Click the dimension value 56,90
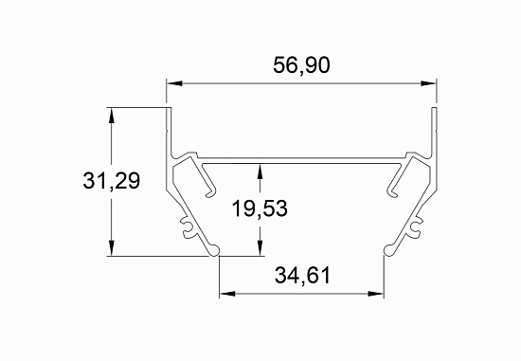pyautogui.click(x=301, y=65)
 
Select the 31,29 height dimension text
pyautogui.click(x=112, y=181)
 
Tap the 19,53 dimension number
pyautogui.click(x=260, y=208)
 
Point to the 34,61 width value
pyautogui.click(x=302, y=276)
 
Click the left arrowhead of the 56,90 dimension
pyautogui.click(x=174, y=83)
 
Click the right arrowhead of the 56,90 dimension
pyautogui.click(x=428, y=83)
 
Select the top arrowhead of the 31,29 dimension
pyautogui.click(x=112, y=116)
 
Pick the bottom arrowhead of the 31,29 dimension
pyautogui.click(x=112, y=247)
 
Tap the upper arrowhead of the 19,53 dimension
pyautogui.click(x=260, y=171)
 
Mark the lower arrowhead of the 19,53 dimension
pyautogui.click(x=260, y=247)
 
